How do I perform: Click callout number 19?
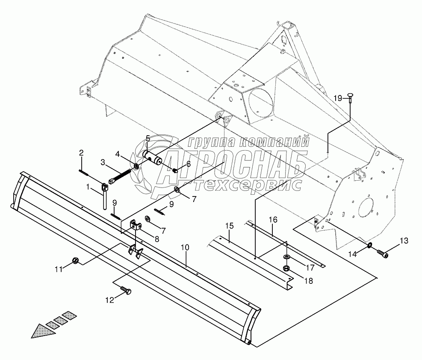338,98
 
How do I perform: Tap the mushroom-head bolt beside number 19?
349,97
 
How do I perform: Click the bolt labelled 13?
383,254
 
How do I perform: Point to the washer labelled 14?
369,246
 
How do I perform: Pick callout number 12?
110,300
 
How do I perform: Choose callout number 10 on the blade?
185,247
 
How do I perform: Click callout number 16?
273,220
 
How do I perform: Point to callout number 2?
81,152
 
